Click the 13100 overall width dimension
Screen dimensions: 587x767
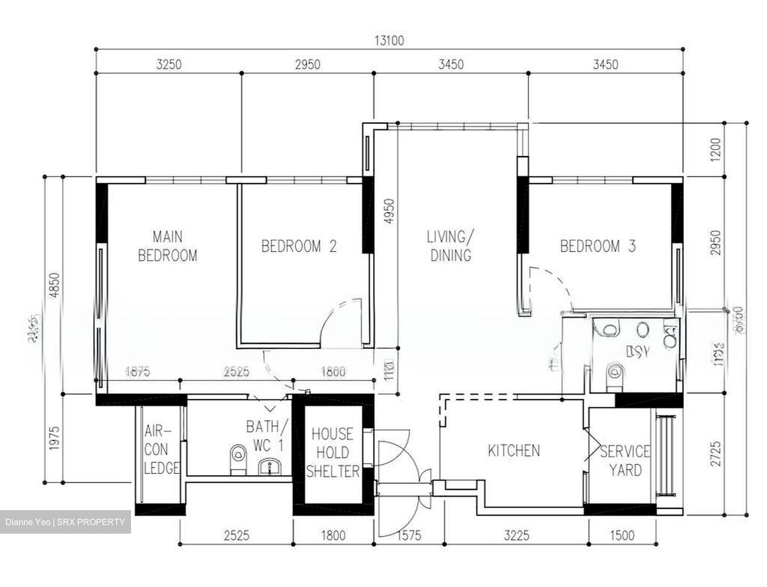click(389, 41)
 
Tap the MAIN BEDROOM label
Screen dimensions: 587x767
click(167, 246)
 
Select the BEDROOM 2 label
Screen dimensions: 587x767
click(299, 246)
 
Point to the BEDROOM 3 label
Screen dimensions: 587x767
click(598, 246)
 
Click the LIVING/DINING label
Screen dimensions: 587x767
click(451, 246)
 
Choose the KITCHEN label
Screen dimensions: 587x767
click(513, 451)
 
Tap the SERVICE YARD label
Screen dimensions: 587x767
click(625, 461)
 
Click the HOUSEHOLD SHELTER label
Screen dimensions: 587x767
click(332, 453)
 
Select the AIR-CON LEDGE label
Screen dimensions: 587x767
click(160, 449)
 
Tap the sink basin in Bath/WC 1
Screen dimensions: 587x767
click(271, 468)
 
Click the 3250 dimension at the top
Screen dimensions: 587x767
click(169, 65)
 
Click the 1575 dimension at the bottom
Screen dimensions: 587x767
click(408, 535)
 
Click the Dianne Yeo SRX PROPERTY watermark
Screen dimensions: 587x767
click(65, 522)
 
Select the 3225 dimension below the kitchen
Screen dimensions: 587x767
click(516, 535)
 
